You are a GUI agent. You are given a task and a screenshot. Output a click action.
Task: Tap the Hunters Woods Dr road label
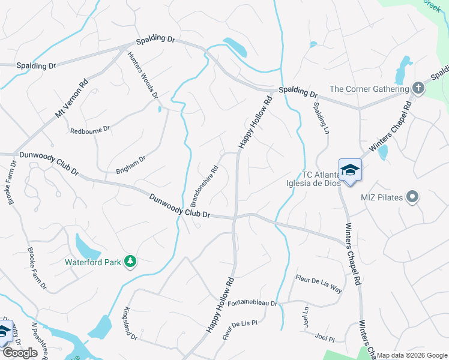pyautogui.click(x=143, y=75)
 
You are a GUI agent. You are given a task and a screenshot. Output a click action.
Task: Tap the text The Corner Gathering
pyautogui.click(x=369, y=89)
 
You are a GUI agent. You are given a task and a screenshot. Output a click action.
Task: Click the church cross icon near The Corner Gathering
pyautogui.click(x=418, y=89)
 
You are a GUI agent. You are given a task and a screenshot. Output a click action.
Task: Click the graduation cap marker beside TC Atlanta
pyautogui.click(x=350, y=170)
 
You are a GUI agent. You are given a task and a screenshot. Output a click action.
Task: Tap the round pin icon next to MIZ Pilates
pyautogui.click(x=412, y=197)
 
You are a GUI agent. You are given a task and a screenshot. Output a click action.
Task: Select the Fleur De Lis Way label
pyautogui.click(x=319, y=283)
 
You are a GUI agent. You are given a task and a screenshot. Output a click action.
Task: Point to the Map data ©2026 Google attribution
pyautogui.click(x=412, y=355)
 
